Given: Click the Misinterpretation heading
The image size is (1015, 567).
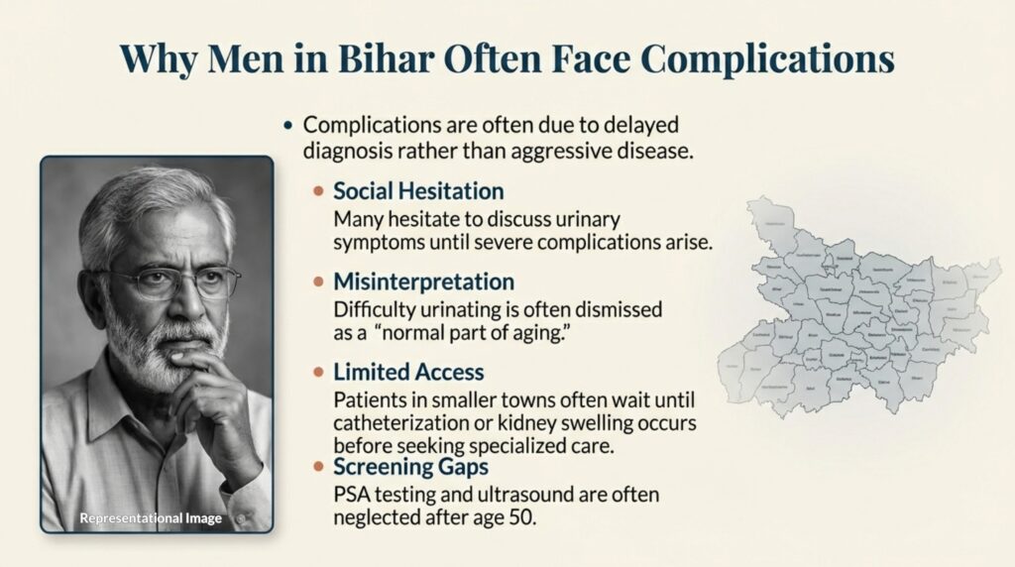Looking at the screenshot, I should [x=423, y=282].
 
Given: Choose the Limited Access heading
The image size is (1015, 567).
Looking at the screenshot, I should [x=408, y=372].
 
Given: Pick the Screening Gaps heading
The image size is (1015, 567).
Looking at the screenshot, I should [x=409, y=466].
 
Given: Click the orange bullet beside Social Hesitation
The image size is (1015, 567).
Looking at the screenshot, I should [x=318, y=190].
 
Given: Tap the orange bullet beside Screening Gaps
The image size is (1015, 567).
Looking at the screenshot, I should [x=318, y=466].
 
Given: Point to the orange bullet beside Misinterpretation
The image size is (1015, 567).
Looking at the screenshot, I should [x=318, y=282].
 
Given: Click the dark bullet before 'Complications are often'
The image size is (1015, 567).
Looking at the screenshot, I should [x=288, y=126].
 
